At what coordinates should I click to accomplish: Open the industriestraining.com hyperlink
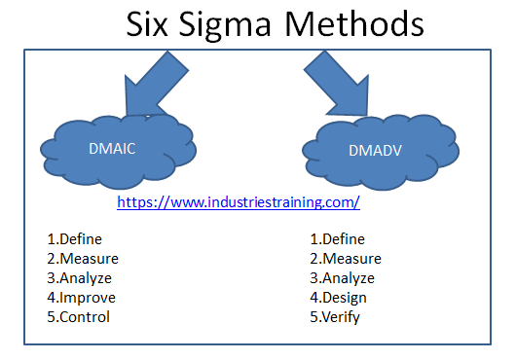tap(239, 202)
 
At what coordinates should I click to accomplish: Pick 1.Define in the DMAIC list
tap(74, 238)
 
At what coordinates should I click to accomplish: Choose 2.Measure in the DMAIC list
tap(82, 258)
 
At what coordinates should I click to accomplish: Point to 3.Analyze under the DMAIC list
tap(79, 277)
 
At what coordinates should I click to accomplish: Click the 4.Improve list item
tap(81, 297)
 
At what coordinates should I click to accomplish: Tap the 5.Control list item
tap(78, 316)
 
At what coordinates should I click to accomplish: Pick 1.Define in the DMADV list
tap(337, 238)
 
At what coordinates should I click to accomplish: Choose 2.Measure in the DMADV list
tap(345, 258)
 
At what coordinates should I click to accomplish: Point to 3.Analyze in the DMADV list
tap(342, 277)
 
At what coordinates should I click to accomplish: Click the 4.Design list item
tap(339, 297)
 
